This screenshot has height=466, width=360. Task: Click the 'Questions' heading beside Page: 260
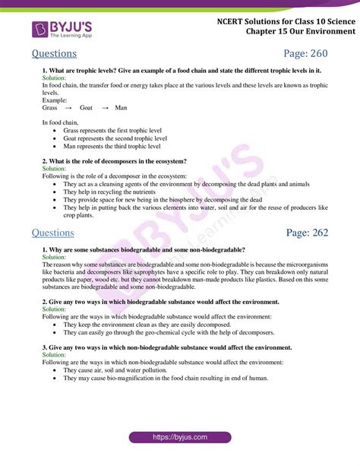pos(55,54)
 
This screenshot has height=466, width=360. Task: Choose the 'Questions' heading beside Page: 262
pos(55,232)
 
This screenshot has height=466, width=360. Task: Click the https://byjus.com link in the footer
pos(179,438)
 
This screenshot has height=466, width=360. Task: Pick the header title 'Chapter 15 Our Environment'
pos(300,32)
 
